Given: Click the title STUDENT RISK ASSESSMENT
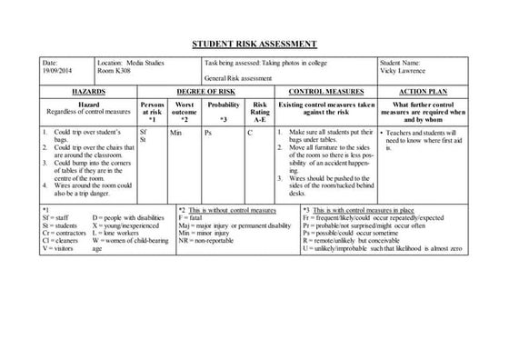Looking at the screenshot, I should pyautogui.click(x=254, y=44).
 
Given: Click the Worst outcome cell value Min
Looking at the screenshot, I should pyautogui.click(x=176, y=133).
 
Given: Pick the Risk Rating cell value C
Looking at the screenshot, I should pyautogui.click(x=251, y=133).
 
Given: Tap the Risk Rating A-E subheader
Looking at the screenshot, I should pyautogui.click(x=259, y=112).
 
